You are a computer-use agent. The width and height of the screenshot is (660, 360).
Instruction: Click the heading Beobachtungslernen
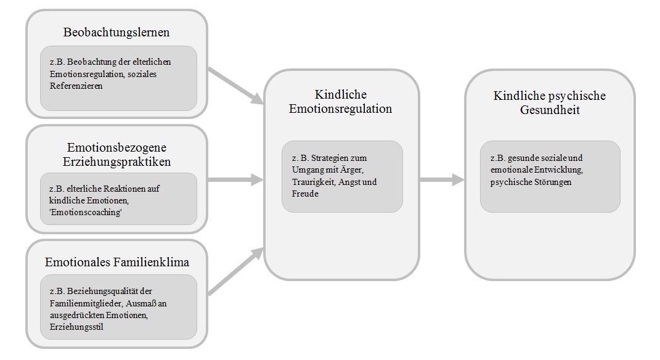117,31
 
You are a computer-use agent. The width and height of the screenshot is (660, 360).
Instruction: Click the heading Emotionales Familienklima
117,262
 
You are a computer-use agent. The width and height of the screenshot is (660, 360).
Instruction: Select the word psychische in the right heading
576,96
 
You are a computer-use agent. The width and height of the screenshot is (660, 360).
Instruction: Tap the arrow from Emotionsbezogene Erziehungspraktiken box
235,180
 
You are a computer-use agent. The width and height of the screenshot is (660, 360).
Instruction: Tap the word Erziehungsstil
72,327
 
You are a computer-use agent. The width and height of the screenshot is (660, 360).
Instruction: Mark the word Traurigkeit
312,182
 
